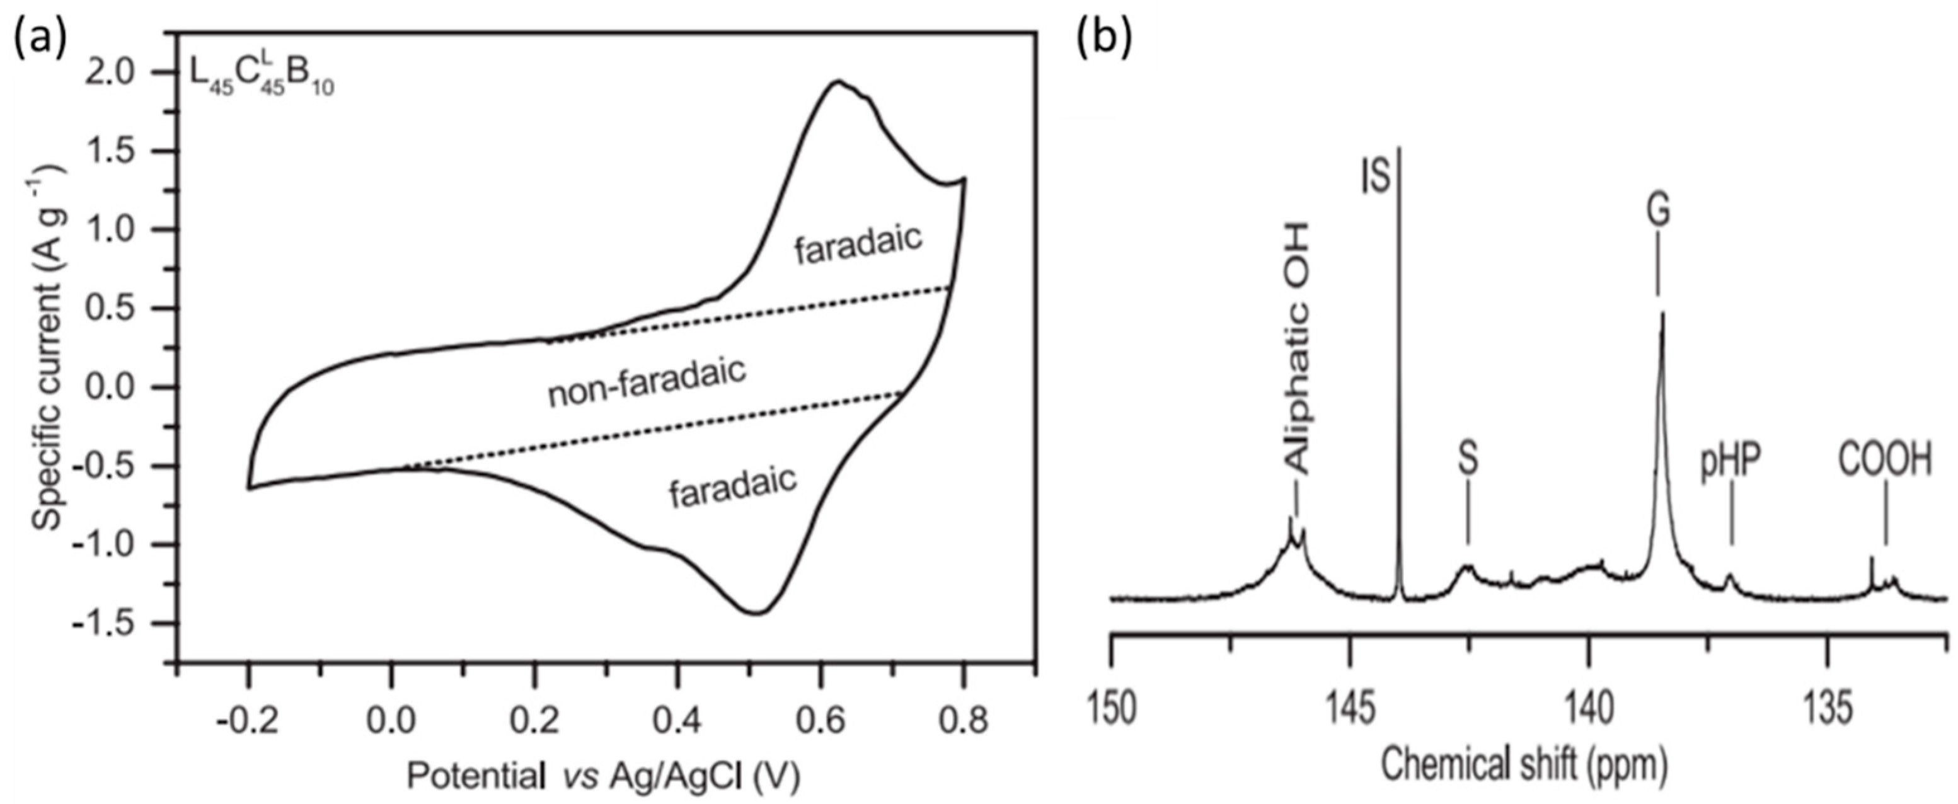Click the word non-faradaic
tap(647, 384)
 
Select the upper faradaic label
tap(858, 244)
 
